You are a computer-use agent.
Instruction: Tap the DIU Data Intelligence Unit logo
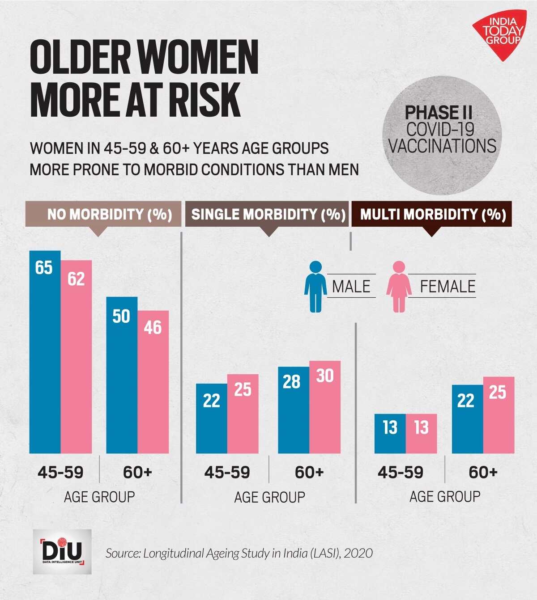coord(62,551)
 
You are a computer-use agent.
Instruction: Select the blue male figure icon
coord(315,287)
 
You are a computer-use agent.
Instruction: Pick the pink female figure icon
coord(399,287)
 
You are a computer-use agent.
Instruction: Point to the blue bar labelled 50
coord(122,376)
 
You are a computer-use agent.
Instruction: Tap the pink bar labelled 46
coord(153,382)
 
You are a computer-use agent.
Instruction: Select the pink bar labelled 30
coord(325,407)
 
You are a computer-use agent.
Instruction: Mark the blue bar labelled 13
coord(390,434)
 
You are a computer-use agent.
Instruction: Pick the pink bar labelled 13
coord(422,434)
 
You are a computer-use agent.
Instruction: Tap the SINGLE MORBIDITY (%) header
coord(268,214)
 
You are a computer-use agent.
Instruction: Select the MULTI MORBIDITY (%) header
coord(432,214)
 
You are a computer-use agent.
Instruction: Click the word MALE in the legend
coord(351,287)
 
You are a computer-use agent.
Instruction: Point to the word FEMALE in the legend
coord(447,287)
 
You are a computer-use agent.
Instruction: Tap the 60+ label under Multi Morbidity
coord(483,472)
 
